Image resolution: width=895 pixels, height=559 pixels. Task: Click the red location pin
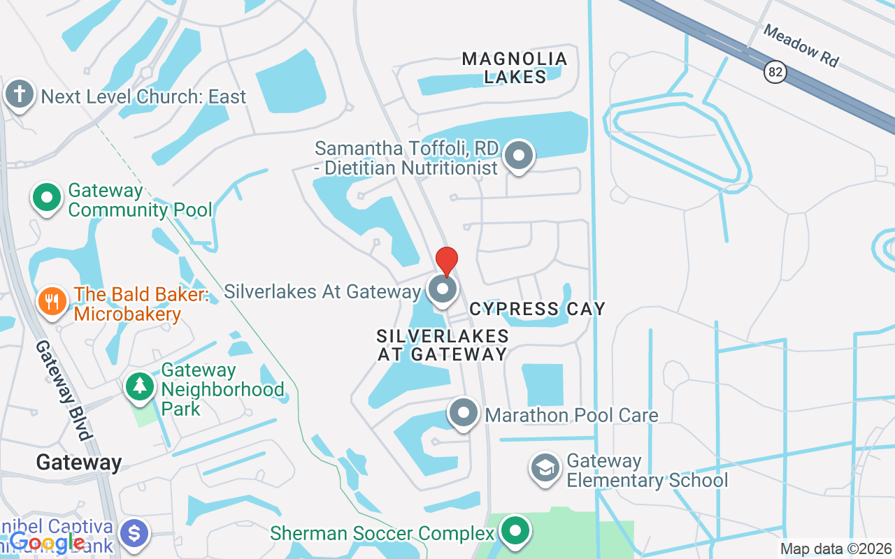(x=447, y=261)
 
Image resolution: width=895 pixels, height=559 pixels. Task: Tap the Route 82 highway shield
(x=775, y=72)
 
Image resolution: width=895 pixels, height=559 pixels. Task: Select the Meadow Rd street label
(x=801, y=45)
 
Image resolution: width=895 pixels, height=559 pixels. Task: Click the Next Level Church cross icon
(x=19, y=94)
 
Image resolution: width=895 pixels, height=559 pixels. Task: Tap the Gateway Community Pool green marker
(x=47, y=198)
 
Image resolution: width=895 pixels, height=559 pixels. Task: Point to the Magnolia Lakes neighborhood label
(x=515, y=68)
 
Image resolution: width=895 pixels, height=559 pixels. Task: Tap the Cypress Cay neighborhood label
(x=537, y=308)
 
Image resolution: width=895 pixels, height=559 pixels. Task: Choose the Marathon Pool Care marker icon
(x=463, y=413)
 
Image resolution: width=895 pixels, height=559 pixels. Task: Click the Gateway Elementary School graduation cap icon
(x=545, y=469)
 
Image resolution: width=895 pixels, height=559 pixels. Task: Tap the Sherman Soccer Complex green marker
(x=515, y=530)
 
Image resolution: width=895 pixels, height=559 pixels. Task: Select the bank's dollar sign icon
(x=134, y=534)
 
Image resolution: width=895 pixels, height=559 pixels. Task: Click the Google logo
(x=48, y=542)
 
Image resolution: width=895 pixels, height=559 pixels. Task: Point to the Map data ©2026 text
(x=836, y=549)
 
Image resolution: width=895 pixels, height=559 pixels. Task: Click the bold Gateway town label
(x=79, y=462)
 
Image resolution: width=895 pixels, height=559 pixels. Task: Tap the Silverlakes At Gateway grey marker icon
(x=442, y=289)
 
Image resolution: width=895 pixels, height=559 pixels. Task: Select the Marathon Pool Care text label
(x=571, y=415)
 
